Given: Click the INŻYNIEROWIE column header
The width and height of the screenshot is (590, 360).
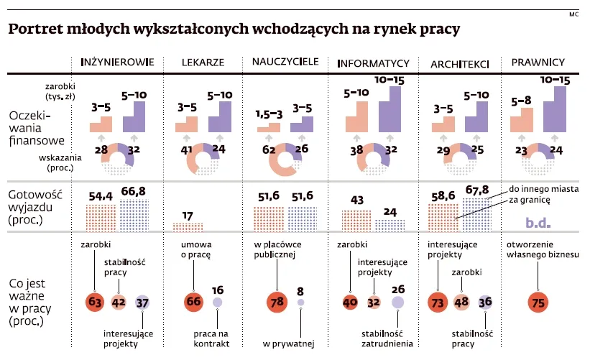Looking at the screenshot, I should (x=118, y=63).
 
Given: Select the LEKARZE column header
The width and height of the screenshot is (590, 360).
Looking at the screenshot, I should (x=202, y=63).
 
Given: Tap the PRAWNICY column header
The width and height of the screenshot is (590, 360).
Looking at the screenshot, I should (x=538, y=63).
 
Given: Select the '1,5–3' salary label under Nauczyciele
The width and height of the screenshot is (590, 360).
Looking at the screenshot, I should (x=270, y=114).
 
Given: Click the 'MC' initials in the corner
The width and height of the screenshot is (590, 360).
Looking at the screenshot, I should (x=573, y=14).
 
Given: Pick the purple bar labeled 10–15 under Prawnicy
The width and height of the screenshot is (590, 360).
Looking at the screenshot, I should (x=555, y=109).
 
